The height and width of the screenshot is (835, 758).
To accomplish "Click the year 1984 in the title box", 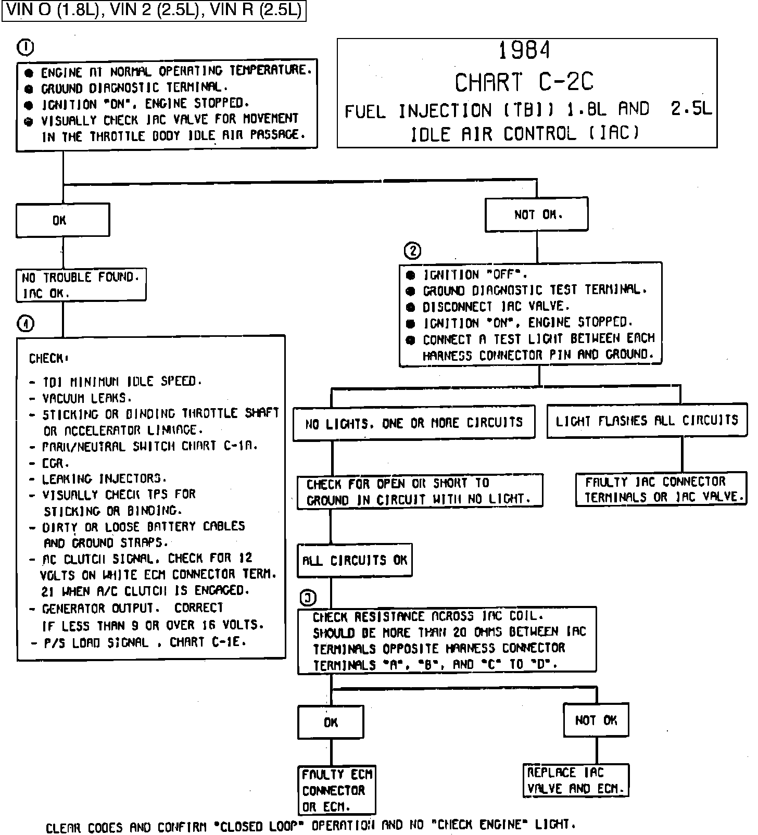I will click(524, 50).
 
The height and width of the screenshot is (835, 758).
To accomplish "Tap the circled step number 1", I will click(26, 48).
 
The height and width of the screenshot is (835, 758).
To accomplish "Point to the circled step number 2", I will click(412, 251).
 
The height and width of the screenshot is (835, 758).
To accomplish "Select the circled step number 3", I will click(309, 598).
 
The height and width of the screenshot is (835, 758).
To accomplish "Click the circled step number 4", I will click(26, 324).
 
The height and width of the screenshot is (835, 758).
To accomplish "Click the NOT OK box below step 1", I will click(537, 214).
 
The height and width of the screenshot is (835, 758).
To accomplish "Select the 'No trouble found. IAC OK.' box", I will click(81, 285).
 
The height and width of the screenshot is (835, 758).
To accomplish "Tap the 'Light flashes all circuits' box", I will click(647, 421).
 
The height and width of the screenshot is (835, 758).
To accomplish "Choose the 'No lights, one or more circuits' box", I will click(414, 423).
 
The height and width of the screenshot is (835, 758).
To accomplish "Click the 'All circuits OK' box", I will click(355, 560).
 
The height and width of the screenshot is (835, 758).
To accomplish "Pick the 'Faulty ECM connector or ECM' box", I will click(336, 790).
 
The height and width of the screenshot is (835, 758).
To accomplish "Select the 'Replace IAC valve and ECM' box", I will click(576, 780).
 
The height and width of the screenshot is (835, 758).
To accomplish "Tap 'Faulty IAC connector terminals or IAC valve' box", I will click(661, 489).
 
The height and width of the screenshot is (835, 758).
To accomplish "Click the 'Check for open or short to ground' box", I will click(420, 491).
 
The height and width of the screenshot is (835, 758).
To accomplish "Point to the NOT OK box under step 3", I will click(596, 720).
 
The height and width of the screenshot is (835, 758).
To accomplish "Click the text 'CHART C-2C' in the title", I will click(524, 82).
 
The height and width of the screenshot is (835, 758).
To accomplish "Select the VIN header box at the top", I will click(154, 11).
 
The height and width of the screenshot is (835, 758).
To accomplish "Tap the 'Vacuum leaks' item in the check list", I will click(87, 398).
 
